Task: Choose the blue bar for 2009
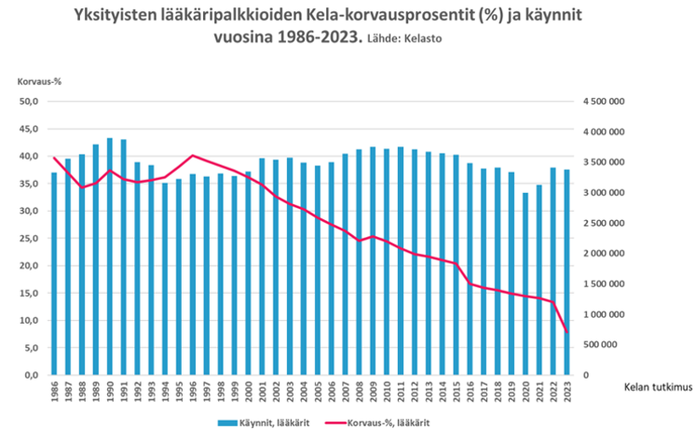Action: pyautogui.click(x=373, y=260)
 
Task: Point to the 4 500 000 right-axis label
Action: pyautogui.click(x=604, y=102)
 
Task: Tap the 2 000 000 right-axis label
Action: pyautogui.click(x=604, y=253)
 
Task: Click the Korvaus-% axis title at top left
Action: pyautogui.click(x=36, y=81)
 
